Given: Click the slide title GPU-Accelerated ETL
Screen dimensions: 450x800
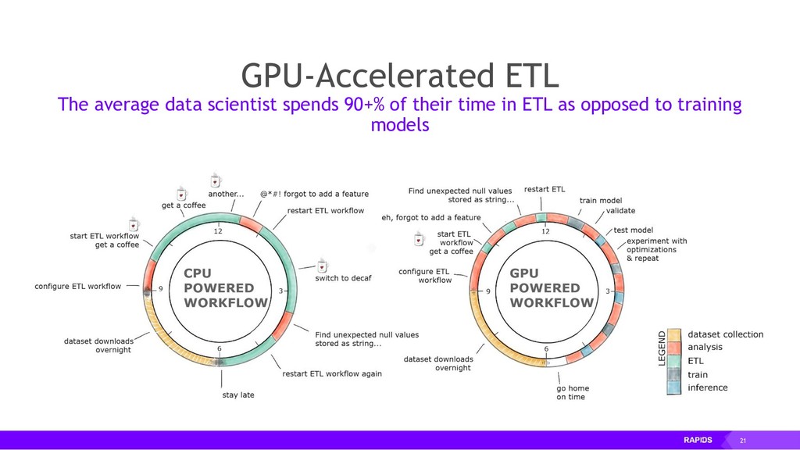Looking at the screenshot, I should [x=399, y=77].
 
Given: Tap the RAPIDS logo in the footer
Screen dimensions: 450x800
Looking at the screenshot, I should [x=698, y=440].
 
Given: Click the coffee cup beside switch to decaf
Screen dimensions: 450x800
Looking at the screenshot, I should [x=322, y=265].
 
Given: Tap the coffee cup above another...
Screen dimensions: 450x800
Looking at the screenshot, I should [x=215, y=179].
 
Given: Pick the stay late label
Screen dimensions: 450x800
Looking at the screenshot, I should [x=237, y=395].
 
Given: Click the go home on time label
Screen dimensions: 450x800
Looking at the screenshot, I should [x=573, y=393].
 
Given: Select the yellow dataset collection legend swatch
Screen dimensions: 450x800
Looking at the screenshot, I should [x=676, y=334].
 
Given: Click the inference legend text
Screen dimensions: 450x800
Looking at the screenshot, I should [x=707, y=387].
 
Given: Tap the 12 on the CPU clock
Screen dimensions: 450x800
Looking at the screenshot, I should [x=218, y=230].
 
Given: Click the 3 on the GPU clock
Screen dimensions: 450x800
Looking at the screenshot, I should [x=607, y=290].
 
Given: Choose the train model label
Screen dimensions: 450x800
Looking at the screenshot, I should [x=600, y=201].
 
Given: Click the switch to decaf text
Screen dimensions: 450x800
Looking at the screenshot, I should [x=343, y=278].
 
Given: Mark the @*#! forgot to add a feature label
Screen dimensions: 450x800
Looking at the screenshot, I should [x=315, y=194].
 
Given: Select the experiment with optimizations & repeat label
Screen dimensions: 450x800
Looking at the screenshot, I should [x=656, y=249].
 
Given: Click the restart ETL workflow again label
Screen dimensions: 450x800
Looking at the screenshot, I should [x=332, y=373].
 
